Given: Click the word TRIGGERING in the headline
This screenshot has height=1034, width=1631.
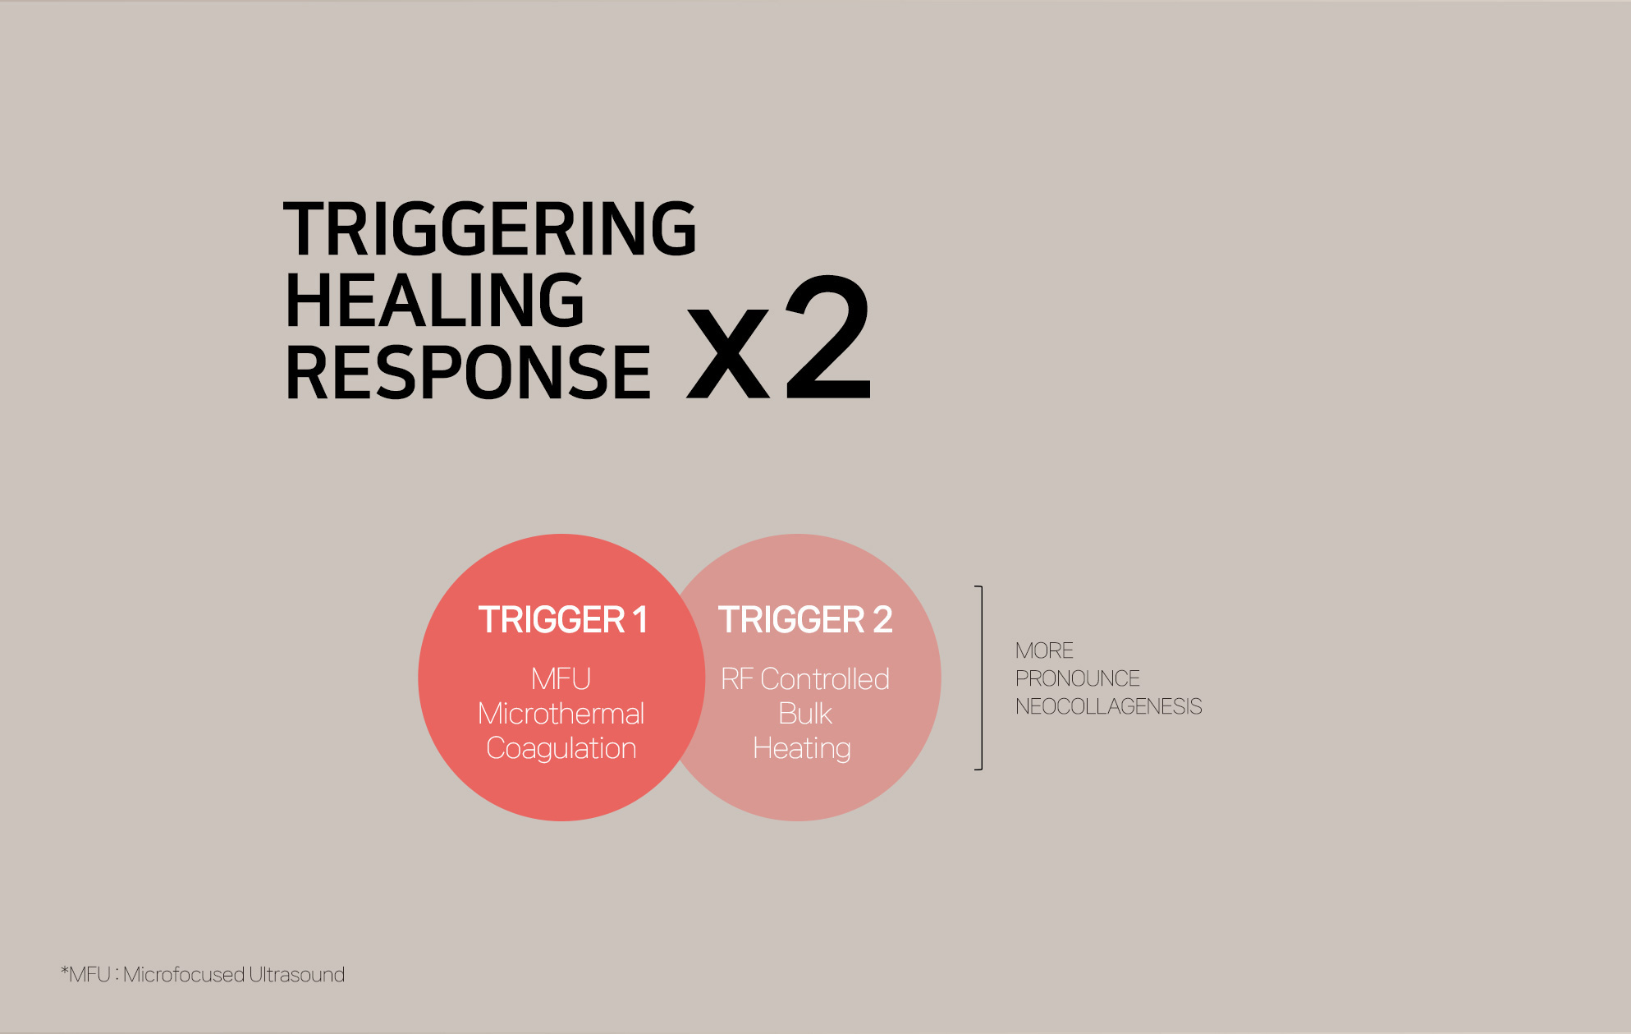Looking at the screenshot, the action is coord(490,228).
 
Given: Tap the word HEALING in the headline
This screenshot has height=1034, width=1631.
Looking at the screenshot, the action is coord(435,301).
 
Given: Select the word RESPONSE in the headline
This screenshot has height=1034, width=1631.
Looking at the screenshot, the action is coord(468,373).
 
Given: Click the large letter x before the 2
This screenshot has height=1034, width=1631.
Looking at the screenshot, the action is coord(728,352).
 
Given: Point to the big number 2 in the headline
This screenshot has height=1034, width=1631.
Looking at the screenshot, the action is coord(828,337).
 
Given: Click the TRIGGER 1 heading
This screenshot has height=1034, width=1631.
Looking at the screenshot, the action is coord(563,620).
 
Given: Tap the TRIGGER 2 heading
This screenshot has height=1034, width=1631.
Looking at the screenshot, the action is coord(805,620).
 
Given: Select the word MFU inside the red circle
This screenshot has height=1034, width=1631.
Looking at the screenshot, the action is coord(561,679).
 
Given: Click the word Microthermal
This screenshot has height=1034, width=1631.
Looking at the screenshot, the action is coord(561,714).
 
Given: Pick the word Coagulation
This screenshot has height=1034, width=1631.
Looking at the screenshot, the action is coord(561,749).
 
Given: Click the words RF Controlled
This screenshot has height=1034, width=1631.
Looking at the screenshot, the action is coord(805,679).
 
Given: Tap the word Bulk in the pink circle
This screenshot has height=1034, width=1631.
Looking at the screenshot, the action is coord(805,714).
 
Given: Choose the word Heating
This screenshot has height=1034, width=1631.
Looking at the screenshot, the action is coord(802,749).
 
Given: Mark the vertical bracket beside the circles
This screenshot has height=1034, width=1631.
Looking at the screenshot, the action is coord(981,678).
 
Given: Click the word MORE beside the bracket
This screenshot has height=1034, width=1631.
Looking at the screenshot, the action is coord(1044,650).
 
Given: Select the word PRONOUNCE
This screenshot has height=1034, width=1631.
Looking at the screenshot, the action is coord(1078,678).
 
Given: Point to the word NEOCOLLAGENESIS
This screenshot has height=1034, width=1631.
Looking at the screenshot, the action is coord(1109,706).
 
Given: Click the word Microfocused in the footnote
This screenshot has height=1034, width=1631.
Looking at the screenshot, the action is coord(184,975).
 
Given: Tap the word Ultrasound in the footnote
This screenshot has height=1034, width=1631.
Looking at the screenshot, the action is coord(297,975).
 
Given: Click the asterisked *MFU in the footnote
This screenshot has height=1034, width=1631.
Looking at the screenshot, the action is coord(85,975).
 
